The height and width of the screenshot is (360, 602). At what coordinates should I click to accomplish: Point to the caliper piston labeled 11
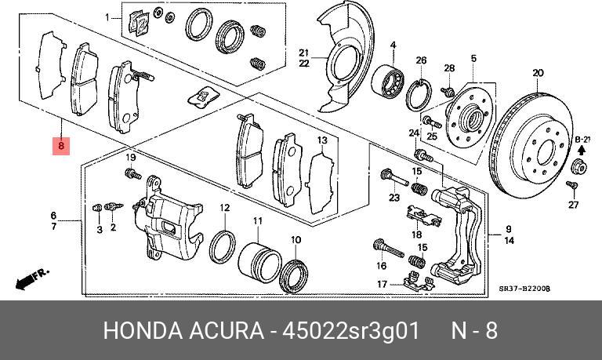point(259,260)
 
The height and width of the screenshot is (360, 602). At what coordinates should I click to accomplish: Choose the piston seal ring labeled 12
point(223,246)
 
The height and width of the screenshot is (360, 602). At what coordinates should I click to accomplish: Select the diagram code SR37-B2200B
point(524,289)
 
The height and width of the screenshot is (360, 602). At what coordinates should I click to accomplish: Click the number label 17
point(382,284)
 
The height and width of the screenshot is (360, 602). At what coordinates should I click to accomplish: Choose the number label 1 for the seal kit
point(107,16)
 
